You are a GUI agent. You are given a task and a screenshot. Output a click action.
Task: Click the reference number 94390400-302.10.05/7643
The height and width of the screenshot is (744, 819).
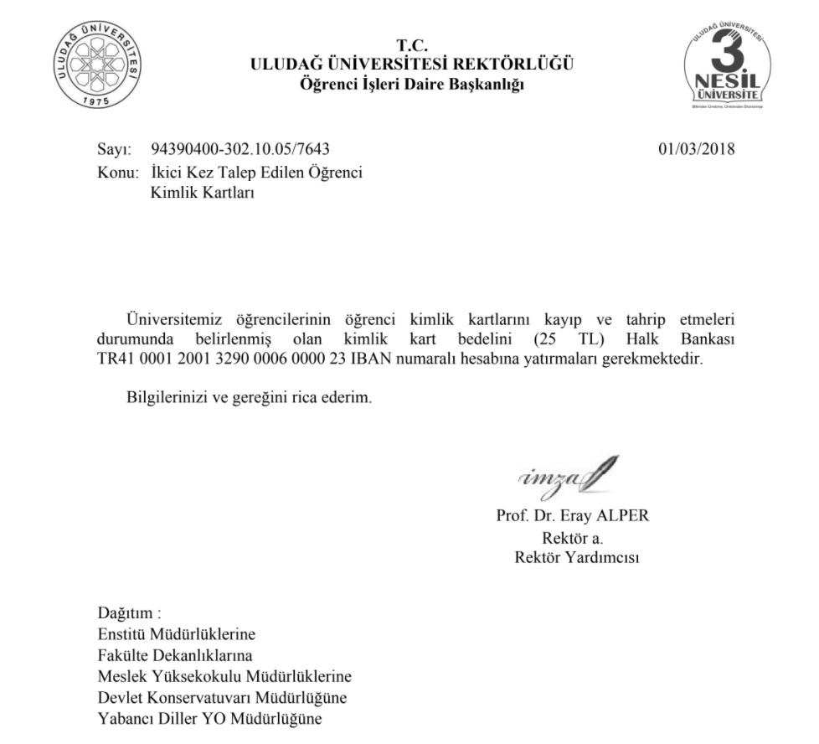pyautogui.click(x=240, y=150)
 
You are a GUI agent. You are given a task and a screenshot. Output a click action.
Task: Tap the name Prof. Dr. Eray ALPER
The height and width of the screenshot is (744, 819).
pyautogui.click(x=573, y=516)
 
